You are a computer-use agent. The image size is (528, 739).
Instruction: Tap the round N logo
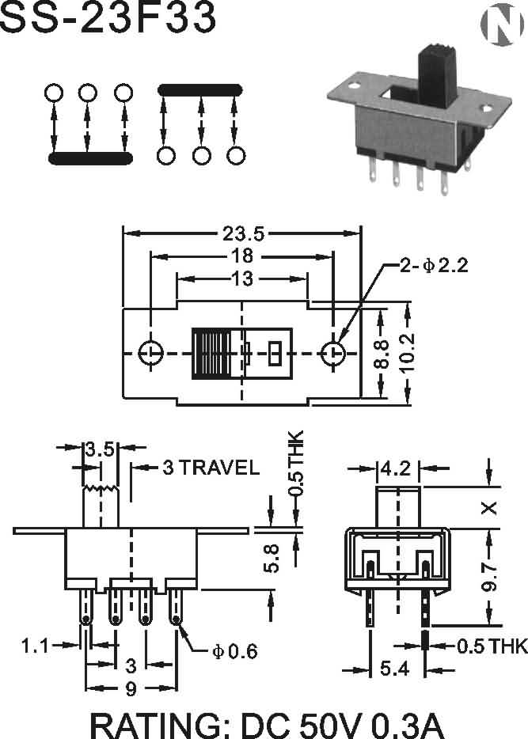point(501,25)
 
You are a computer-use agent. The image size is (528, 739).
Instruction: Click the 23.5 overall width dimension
point(243,233)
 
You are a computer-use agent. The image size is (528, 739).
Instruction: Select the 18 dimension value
point(242,256)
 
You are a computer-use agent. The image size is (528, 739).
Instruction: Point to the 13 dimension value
point(242,279)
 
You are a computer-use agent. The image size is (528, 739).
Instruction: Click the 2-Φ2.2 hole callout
point(434,266)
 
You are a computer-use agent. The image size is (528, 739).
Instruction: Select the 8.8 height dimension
point(382,353)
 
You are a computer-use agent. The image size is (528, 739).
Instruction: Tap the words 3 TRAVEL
point(211,468)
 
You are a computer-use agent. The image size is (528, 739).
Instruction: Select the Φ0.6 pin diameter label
point(235,652)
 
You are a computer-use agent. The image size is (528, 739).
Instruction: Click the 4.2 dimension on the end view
point(395,468)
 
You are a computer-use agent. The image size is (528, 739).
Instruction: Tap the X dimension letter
point(490,507)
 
